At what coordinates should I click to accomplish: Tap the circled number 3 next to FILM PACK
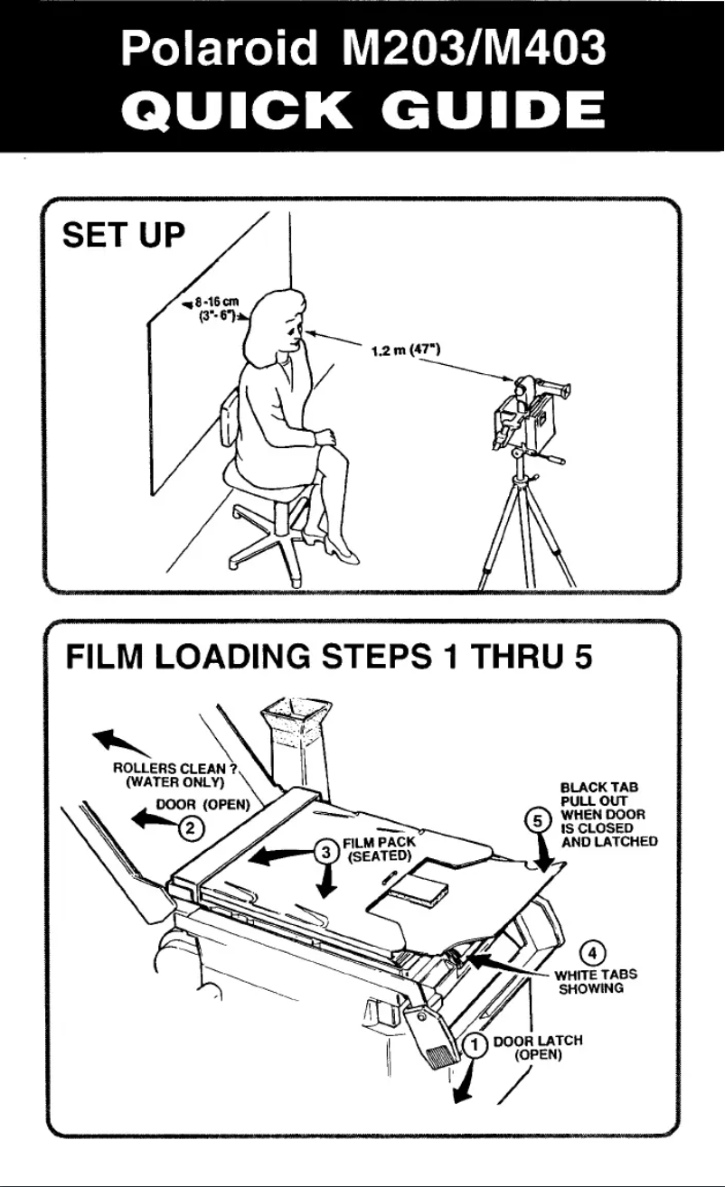pyautogui.click(x=327, y=852)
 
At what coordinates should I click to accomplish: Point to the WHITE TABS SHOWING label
pyautogui.click(x=596, y=981)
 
